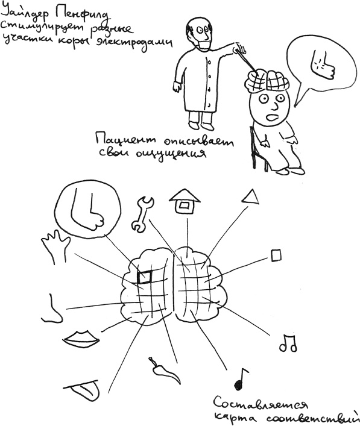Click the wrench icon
(x=142, y=214)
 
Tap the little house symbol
(x=185, y=202)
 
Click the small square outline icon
(x=276, y=255)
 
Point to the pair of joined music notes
(x=288, y=343)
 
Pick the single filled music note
(x=241, y=379)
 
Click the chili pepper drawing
(x=163, y=370)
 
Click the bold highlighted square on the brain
(x=144, y=277)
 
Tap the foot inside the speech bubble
(x=322, y=64)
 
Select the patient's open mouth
(x=272, y=117)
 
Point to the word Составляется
(x=261, y=403)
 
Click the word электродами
(x=134, y=43)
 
